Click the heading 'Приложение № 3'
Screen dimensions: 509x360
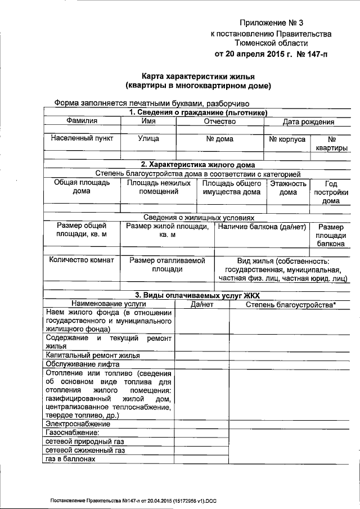pyautogui.click(x=271, y=23)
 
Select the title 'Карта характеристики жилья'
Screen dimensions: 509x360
pyautogui.click(x=199, y=76)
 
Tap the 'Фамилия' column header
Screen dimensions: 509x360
pyautogui.click(x=82, y=121)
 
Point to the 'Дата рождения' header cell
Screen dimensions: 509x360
pyautogui.click(x=308, y=121)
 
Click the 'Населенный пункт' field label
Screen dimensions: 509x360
pyautogui.click(x=82, y=138)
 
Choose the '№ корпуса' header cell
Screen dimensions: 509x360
pyautogui.click(x=287, y=138)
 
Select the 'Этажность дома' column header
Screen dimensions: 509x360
pyautogui.click(x=288, y=188)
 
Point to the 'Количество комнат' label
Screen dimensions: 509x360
pyautogui.click(x=82, y=260)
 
